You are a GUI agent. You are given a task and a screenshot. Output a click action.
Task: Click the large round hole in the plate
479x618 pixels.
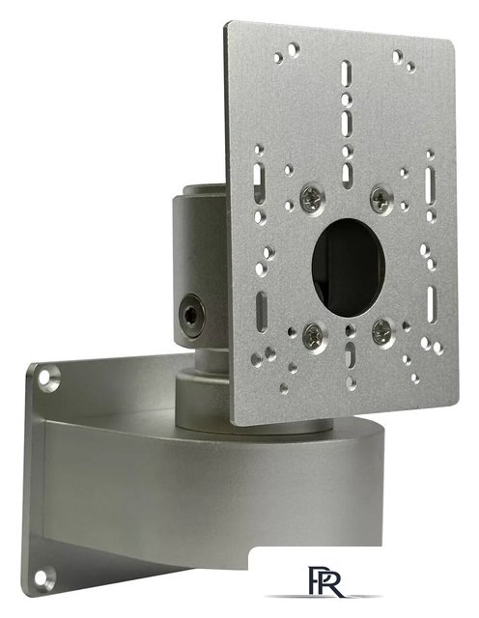(x=348, y=267)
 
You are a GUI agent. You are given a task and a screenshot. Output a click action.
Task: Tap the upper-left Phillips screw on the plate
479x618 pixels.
(x=312, y=200)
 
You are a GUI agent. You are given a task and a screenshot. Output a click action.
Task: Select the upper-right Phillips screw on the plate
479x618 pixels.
(x=381, y=197)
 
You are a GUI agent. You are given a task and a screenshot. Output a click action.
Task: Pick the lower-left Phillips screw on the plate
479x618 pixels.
(x=314, y=337)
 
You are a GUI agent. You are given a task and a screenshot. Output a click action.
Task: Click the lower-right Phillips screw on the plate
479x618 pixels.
(x=382, y=332)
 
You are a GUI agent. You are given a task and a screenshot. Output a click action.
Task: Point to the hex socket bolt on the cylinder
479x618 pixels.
(x=191, y=315)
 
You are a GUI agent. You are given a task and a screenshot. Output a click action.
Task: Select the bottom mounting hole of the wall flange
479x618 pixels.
(x=44, y=578)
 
